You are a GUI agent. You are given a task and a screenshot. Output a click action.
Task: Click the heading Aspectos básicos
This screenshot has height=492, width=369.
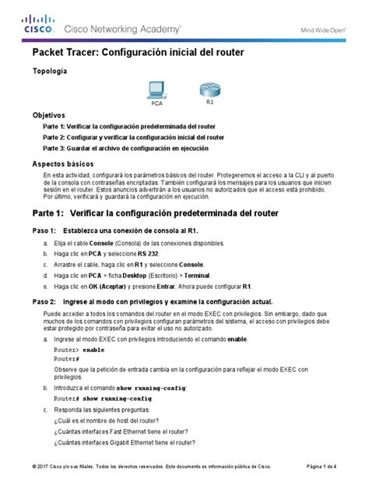click(62, 164)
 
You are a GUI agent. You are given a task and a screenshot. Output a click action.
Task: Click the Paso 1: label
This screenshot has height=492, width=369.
click(43, 231)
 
